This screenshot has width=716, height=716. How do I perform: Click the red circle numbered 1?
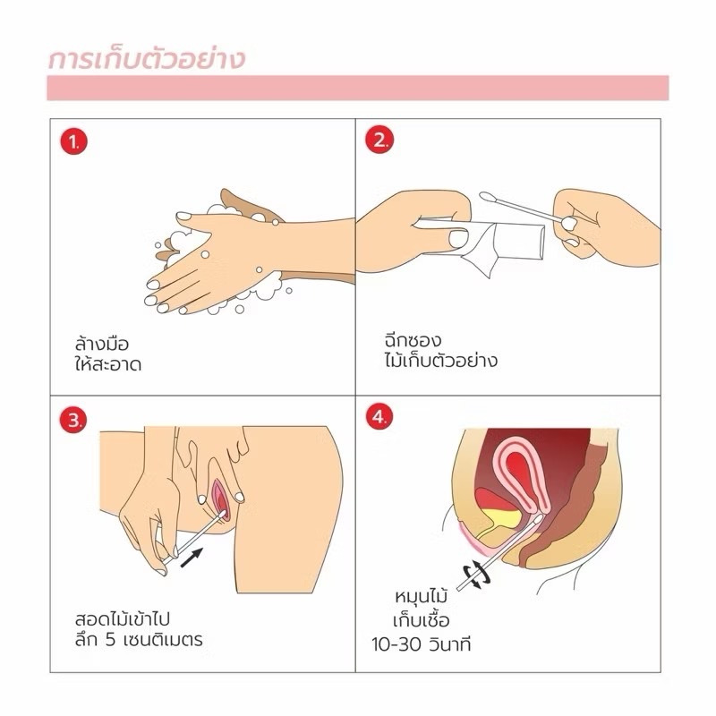[74, 141]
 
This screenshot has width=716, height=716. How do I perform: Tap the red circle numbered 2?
[379, 140]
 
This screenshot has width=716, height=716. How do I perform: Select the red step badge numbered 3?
[73, 420]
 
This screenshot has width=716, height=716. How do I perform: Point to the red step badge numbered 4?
[379, 417]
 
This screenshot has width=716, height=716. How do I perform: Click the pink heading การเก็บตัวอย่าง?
[147, 60]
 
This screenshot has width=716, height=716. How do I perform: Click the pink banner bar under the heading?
[358, 88]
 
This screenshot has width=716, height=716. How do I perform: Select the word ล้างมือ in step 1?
[102, 344]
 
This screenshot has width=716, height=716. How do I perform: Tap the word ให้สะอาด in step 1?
[108, 364]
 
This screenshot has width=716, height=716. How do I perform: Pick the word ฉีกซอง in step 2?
[413, 340]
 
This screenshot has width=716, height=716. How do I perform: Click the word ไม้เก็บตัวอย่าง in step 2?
[440, 361]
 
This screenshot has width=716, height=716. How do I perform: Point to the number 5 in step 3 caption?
[110, 640]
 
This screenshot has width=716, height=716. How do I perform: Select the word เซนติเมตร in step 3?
[163, 639]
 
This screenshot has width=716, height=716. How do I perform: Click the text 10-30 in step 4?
[396, 644]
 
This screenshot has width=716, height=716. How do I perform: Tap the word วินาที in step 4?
[450, 644]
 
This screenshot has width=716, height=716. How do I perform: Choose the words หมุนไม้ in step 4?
[421, 596]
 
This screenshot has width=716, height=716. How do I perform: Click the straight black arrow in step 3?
[192, 558]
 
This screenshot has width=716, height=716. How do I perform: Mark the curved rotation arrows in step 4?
[477, 575]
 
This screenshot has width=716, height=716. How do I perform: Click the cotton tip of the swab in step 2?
[488, 197]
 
